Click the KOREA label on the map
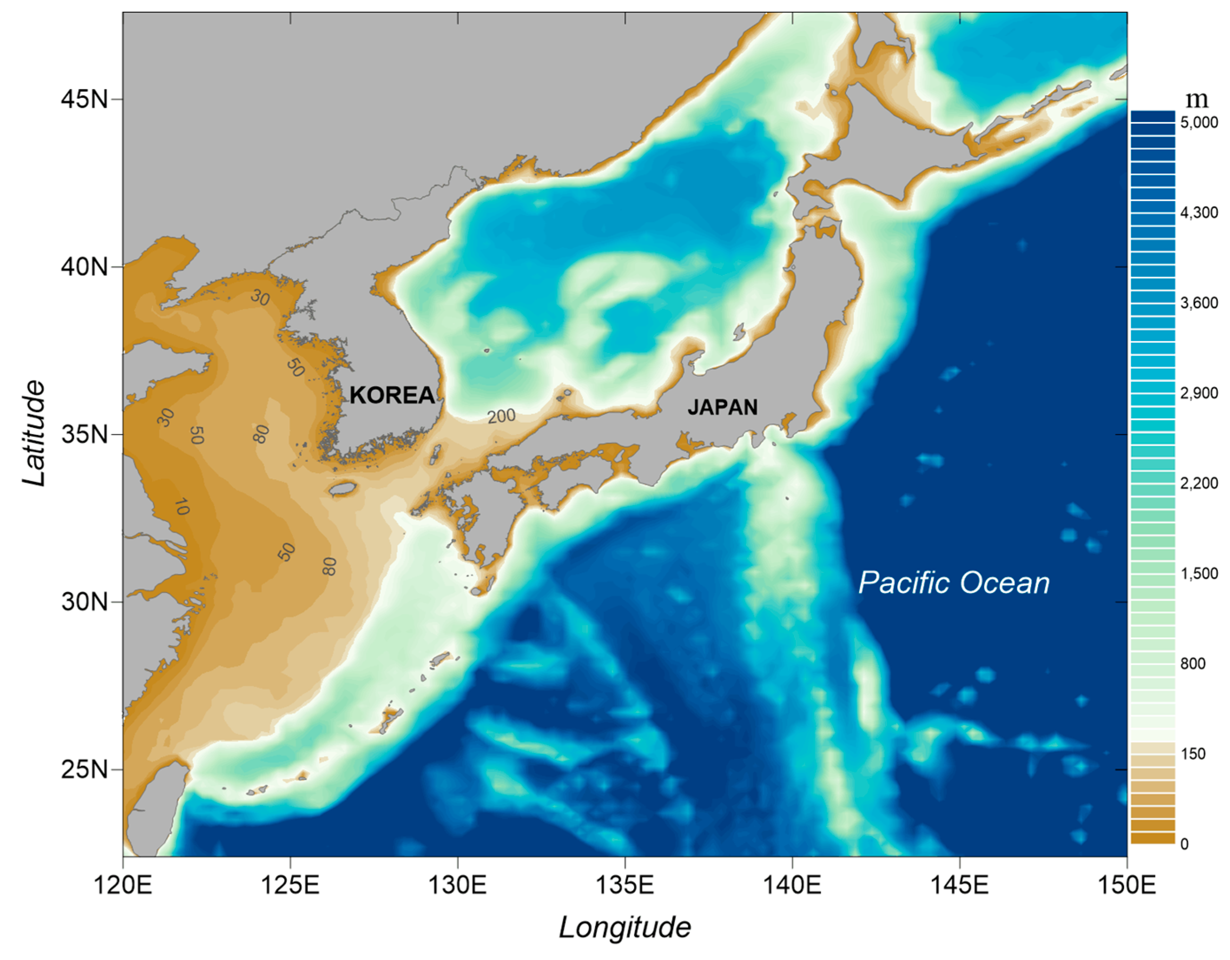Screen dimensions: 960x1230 392,395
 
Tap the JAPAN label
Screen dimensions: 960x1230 722,407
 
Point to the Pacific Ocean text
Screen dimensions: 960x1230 953,583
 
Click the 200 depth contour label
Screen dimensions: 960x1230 501,416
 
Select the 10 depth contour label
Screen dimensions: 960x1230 181,507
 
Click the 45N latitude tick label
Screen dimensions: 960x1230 85,100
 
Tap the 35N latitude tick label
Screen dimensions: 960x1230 85,434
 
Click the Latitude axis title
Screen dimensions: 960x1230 34,434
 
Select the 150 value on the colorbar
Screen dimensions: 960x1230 1193,754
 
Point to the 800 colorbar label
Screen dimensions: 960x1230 1193,664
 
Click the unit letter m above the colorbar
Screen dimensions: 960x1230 1197,99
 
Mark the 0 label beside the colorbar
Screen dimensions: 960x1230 1184,844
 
